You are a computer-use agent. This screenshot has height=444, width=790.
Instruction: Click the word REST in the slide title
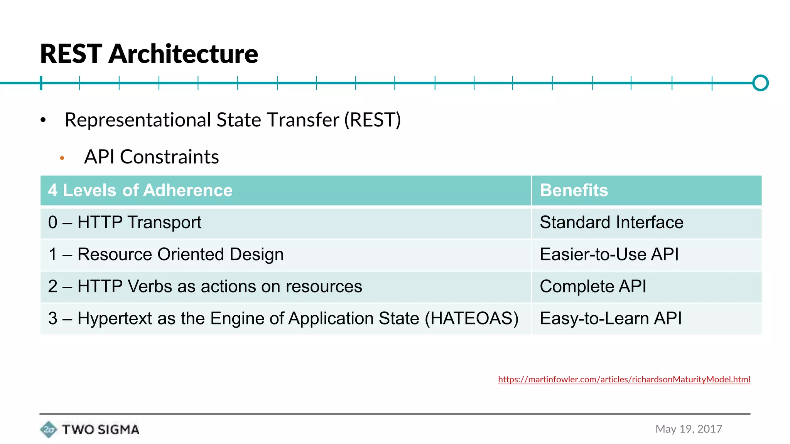tap(71, 54)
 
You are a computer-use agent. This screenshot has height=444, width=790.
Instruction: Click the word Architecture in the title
tap(183, 54)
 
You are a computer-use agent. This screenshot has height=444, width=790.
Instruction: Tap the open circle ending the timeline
tap(760, 83)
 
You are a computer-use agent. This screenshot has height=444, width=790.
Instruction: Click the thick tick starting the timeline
tap(41, 83)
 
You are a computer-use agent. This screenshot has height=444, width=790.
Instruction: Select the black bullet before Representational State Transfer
tap(43, 120)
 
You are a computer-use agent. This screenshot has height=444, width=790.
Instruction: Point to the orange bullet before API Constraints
tap(62, 158)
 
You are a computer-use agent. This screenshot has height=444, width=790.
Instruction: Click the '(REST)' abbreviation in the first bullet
tap(372, 120)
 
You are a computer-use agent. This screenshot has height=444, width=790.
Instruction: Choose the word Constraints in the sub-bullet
tap(169, 157)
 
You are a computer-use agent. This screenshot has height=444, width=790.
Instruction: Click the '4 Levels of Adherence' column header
tap(140, 190)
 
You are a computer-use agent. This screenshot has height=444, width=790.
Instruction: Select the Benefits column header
tap(574, 190)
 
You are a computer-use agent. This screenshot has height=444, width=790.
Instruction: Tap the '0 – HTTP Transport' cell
tap(125, 222)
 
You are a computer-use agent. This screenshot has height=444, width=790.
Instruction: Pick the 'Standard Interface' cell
tap(611, 222)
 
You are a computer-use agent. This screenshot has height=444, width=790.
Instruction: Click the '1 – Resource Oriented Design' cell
tap(166, 254)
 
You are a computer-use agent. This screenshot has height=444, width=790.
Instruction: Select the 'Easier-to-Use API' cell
tap(609, 254)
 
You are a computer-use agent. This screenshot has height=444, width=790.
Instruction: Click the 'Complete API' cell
tap(593, 286)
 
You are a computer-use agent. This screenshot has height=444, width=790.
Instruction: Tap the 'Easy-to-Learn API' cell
tap(611, 318)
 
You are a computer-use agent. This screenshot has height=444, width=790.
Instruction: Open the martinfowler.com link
tap(624, 379)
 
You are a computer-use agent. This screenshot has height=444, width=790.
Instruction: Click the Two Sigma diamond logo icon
tap(49, 429)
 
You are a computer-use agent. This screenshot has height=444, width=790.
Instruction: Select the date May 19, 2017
tap(689, 429)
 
